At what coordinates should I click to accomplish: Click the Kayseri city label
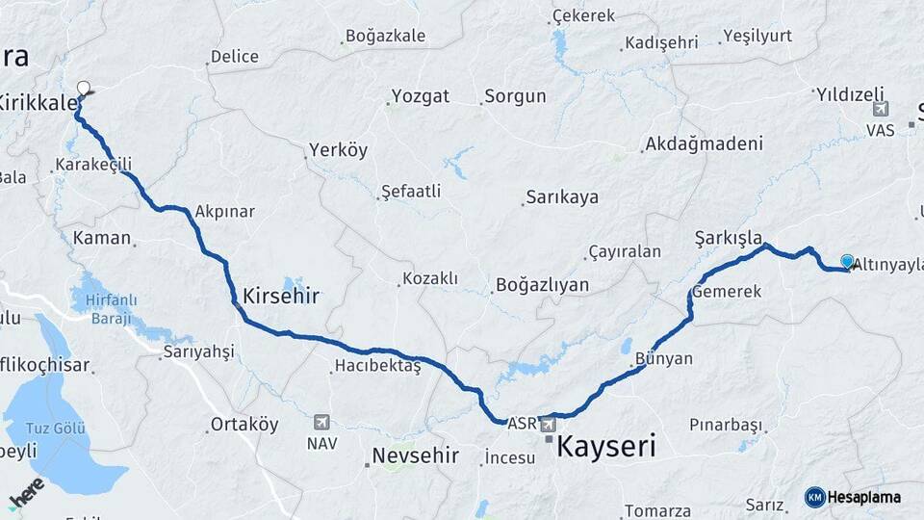(x=606, y=447)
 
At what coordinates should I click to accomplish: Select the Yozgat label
(x=420, y=96)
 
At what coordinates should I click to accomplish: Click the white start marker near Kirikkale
(x=84, y=89)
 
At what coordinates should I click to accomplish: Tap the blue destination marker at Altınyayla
(x=847, y=262)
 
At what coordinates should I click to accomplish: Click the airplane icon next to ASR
(x=548, y=423)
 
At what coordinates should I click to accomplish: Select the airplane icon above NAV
(x=321, y=422)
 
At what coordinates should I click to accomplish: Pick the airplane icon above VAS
(x=880, y=109)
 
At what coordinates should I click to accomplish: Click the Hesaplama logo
(x=853, y=497)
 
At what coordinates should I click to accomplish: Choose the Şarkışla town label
(x=729, y=237)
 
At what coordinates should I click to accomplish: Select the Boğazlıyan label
(x=541, y=285)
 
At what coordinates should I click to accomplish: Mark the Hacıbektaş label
(x=377, y=366)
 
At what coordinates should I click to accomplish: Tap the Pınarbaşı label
(x=726, y=425)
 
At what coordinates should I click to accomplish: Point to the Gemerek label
(x=730, y=291)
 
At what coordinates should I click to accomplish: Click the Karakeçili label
(x=93, y=166)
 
